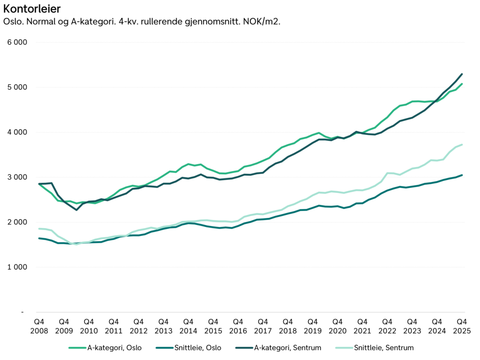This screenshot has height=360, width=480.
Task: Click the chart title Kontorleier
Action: (x=31, y=9)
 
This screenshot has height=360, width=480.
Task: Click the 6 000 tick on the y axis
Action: (x=18, y=42)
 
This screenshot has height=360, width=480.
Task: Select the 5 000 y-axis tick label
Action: (x=18, y=87)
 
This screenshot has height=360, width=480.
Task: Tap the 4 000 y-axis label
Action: (x=18, y=132)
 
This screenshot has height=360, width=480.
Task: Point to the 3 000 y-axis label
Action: (x=18, y=177)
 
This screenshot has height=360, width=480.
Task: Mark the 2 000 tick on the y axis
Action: (x=18, y=222)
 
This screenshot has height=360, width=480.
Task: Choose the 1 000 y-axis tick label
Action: (x=18, y=267)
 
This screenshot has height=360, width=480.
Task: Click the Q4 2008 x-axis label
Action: (x=39, y=326)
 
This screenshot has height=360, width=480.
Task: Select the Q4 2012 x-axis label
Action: (x=139, y=326)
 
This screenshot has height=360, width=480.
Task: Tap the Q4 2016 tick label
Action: (x=238, y=326)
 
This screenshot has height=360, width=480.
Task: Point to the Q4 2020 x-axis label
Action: (x=337, y=326)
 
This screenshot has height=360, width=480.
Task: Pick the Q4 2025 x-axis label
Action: (x=462, y=326)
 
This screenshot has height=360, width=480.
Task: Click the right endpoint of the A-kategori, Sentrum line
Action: (x=462, y=74)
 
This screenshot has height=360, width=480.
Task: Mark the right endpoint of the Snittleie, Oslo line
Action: (x=462, y=175)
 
